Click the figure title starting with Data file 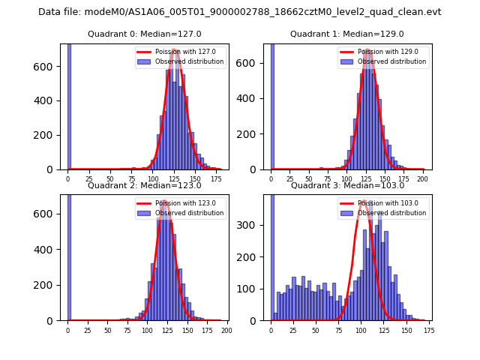tap(240, 12)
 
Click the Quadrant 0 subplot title tap(144, 34)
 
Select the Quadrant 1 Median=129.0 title tap(347, 34)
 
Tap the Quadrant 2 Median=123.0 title tap(144, 185)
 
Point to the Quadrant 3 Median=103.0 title tap(347, 185)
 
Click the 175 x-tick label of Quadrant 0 tap(216, 179)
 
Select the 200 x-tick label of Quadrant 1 tap(422, 179)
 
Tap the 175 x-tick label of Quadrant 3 tap(428, 331)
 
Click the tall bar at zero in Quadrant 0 tap(68, 105)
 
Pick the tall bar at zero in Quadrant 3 tap(271, 255)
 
